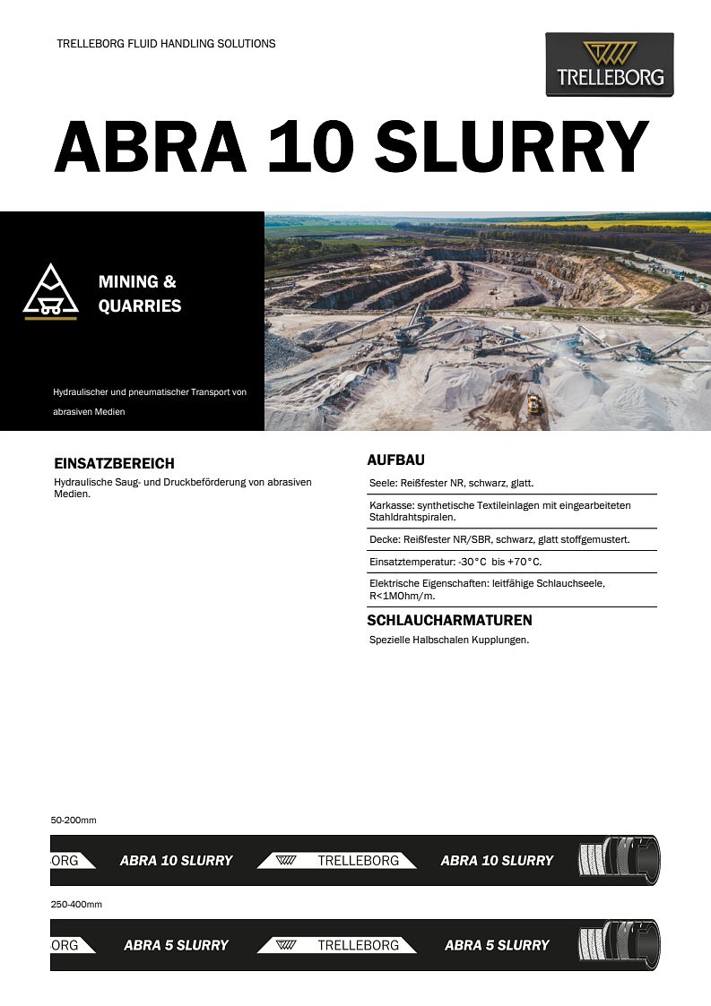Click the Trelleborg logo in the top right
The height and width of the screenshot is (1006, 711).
tap(610, 64)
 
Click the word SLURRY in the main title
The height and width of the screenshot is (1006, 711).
tap(511, 146)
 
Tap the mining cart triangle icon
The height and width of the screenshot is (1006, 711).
tap(51, 292)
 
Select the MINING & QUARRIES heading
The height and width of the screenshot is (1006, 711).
tap(139, 294)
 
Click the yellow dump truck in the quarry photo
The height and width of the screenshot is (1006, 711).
tap(534, 404)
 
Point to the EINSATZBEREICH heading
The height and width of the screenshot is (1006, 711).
tap(114, 464)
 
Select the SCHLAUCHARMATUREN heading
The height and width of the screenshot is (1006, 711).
tap(449, 620)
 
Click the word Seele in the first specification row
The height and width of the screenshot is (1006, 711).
tap(383, 483)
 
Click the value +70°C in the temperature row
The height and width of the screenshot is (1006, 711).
tap(525, 562)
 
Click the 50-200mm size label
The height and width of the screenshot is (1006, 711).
tap(74, 820)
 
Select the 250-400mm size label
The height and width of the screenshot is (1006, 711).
tap(76, 904)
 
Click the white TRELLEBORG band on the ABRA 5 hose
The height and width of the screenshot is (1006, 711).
tap(337, 945)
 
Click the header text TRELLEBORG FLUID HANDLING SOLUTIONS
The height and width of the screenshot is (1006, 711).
tap(166, 44)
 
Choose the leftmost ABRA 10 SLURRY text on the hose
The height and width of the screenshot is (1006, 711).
tap(176, 861)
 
